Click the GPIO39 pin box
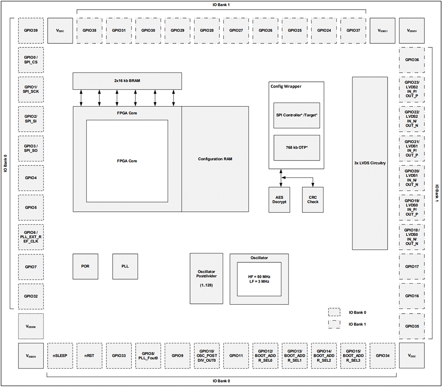click(30, 31)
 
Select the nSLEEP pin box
click(60, 355)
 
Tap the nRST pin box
click(89, 355)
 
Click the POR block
click(85, 267)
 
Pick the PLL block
click(125, 267)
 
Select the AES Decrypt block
click(279, 199)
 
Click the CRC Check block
click(313, 199)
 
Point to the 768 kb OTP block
click(297, 147)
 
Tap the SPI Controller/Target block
click(297, 115)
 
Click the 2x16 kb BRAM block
click(127, 81)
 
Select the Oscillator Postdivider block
click(206, 279)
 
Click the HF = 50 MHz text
click(259, 276)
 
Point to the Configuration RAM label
click(215, 159)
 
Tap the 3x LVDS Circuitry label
click(370, 163)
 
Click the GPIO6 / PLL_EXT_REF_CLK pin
click(30, 237)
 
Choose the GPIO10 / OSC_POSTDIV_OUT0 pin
click(206, 355)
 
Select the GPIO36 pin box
click(412, 60)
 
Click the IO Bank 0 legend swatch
click(335, 312)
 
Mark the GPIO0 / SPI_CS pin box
click(30, 60)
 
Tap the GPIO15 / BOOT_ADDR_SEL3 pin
click(353, 355)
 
